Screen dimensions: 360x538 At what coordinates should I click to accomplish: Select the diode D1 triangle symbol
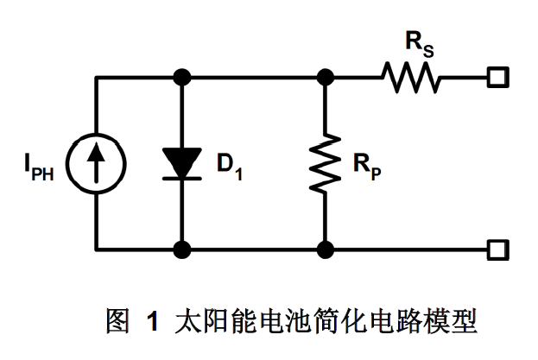[182, 164]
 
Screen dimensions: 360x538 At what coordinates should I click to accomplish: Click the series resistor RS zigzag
[413, 79]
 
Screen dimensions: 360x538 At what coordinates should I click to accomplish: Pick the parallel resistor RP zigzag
[326, 164]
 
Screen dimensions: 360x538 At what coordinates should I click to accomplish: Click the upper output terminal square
[496, 78]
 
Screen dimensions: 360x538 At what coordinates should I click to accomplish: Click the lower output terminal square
[496, 250]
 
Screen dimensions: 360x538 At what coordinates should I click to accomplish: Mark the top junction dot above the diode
[182, 78]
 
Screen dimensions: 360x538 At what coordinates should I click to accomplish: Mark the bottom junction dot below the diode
[182, 250]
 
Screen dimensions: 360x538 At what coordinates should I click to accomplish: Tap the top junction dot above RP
[326, 78]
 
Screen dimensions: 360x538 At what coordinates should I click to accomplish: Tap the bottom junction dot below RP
[326, 250]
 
